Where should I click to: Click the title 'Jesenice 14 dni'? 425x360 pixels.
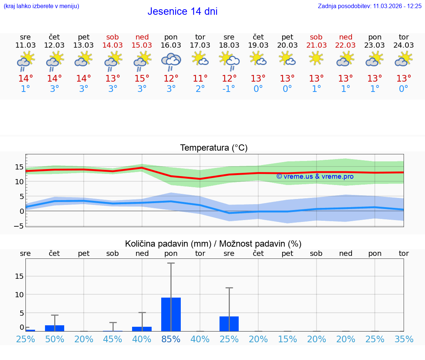pos(182,11)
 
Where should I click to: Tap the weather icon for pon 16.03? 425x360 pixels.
pos(171,61)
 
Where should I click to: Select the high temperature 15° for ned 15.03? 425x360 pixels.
pos(142,79)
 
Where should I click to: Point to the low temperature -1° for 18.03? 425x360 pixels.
pos(229,89)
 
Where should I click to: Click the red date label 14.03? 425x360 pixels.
pos(113,45)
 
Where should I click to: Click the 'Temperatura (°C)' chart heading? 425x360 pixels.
pos(214,148)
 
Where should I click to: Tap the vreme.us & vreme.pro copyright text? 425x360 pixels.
pos(315,176)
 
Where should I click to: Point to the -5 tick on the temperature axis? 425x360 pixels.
pos(19,226)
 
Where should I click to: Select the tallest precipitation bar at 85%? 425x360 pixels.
pos(171,314)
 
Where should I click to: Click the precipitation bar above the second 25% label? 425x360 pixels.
pos(229,324)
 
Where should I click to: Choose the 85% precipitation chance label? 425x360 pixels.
pos(171,339)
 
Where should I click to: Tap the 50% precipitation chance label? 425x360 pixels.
pos(55,339)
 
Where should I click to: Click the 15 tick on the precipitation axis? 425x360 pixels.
pos(19,276)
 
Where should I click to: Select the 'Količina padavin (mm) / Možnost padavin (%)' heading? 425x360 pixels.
pos(213,244)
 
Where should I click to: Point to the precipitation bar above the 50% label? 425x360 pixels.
pos(55,328)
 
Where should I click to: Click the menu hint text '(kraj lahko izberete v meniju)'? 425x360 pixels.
pos(41,6)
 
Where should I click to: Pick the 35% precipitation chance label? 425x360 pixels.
pos(404,339)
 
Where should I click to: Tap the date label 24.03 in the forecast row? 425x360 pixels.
pos(404,45)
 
